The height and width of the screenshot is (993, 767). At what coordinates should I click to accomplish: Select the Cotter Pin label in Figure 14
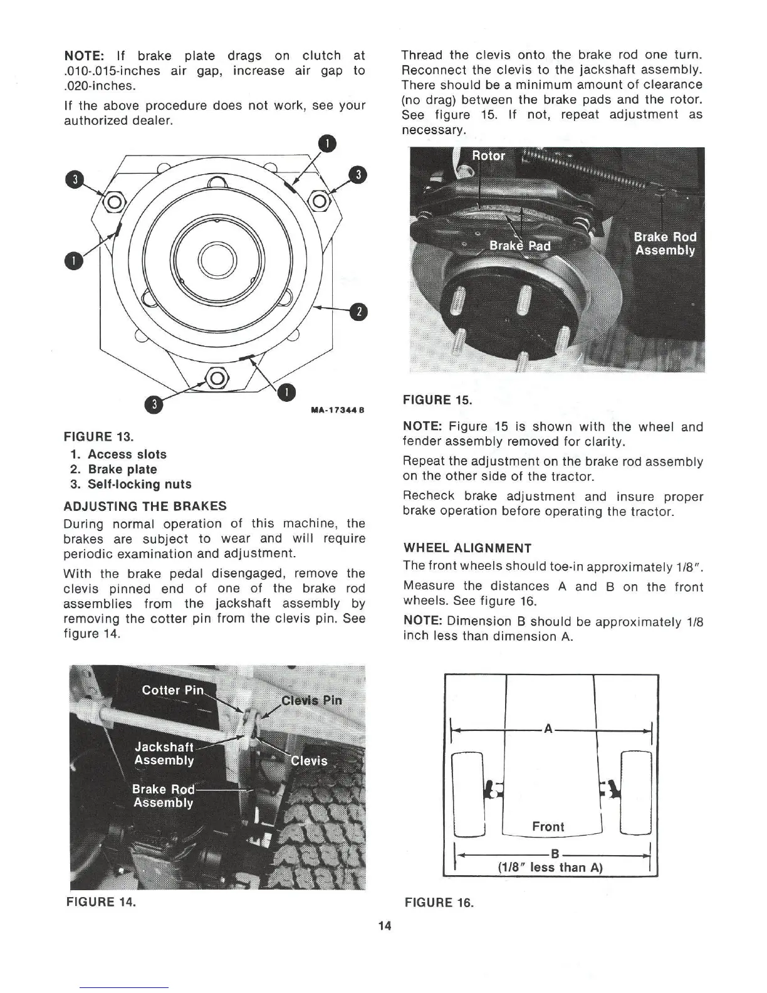(173, 690)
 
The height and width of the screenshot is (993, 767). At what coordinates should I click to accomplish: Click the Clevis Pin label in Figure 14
(311, 700)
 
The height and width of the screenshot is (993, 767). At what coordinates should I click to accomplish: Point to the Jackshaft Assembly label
(164, 754)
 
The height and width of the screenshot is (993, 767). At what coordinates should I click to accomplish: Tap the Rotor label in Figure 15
(488, 156)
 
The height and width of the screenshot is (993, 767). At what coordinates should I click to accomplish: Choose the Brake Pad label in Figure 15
(519, 246)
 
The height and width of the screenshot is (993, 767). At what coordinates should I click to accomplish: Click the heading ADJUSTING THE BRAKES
(145, 506)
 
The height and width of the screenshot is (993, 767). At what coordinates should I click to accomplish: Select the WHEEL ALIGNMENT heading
(467, 548)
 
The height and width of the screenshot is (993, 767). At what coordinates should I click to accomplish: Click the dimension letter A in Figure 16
(548, 728)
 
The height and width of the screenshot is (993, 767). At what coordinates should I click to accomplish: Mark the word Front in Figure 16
(548, 826)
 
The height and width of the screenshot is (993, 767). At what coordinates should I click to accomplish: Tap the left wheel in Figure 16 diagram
(469, 793)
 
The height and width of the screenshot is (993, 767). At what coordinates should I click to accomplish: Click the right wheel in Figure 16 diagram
(636, 793)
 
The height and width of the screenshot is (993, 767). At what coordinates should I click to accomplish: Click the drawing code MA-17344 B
(337, 411)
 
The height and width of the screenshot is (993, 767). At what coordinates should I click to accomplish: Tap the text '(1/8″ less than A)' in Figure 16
(550, 868)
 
